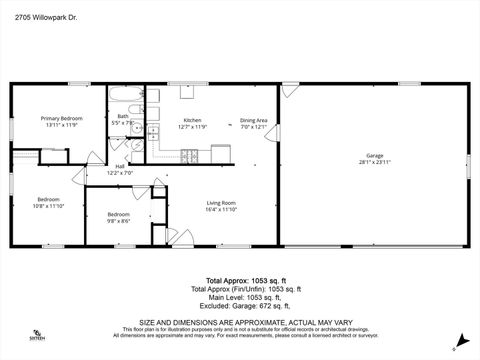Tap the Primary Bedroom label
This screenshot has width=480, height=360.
(x=61, y=118)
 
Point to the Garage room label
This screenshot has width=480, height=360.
(x=375, y=155)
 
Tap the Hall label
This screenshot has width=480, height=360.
(x=120, y=167)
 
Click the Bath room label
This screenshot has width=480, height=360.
(x=123, y=116)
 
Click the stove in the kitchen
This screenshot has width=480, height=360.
(x=189, y=155)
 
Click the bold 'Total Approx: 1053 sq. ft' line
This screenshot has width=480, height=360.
(x=239, y=281)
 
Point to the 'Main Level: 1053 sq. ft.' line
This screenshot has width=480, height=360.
(x=239, y=296)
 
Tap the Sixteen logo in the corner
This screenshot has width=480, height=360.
(x=37, y=336)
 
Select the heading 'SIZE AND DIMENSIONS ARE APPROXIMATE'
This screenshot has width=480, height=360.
(x=239, y=321)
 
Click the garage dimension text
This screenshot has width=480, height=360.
(x=375, y=162)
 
